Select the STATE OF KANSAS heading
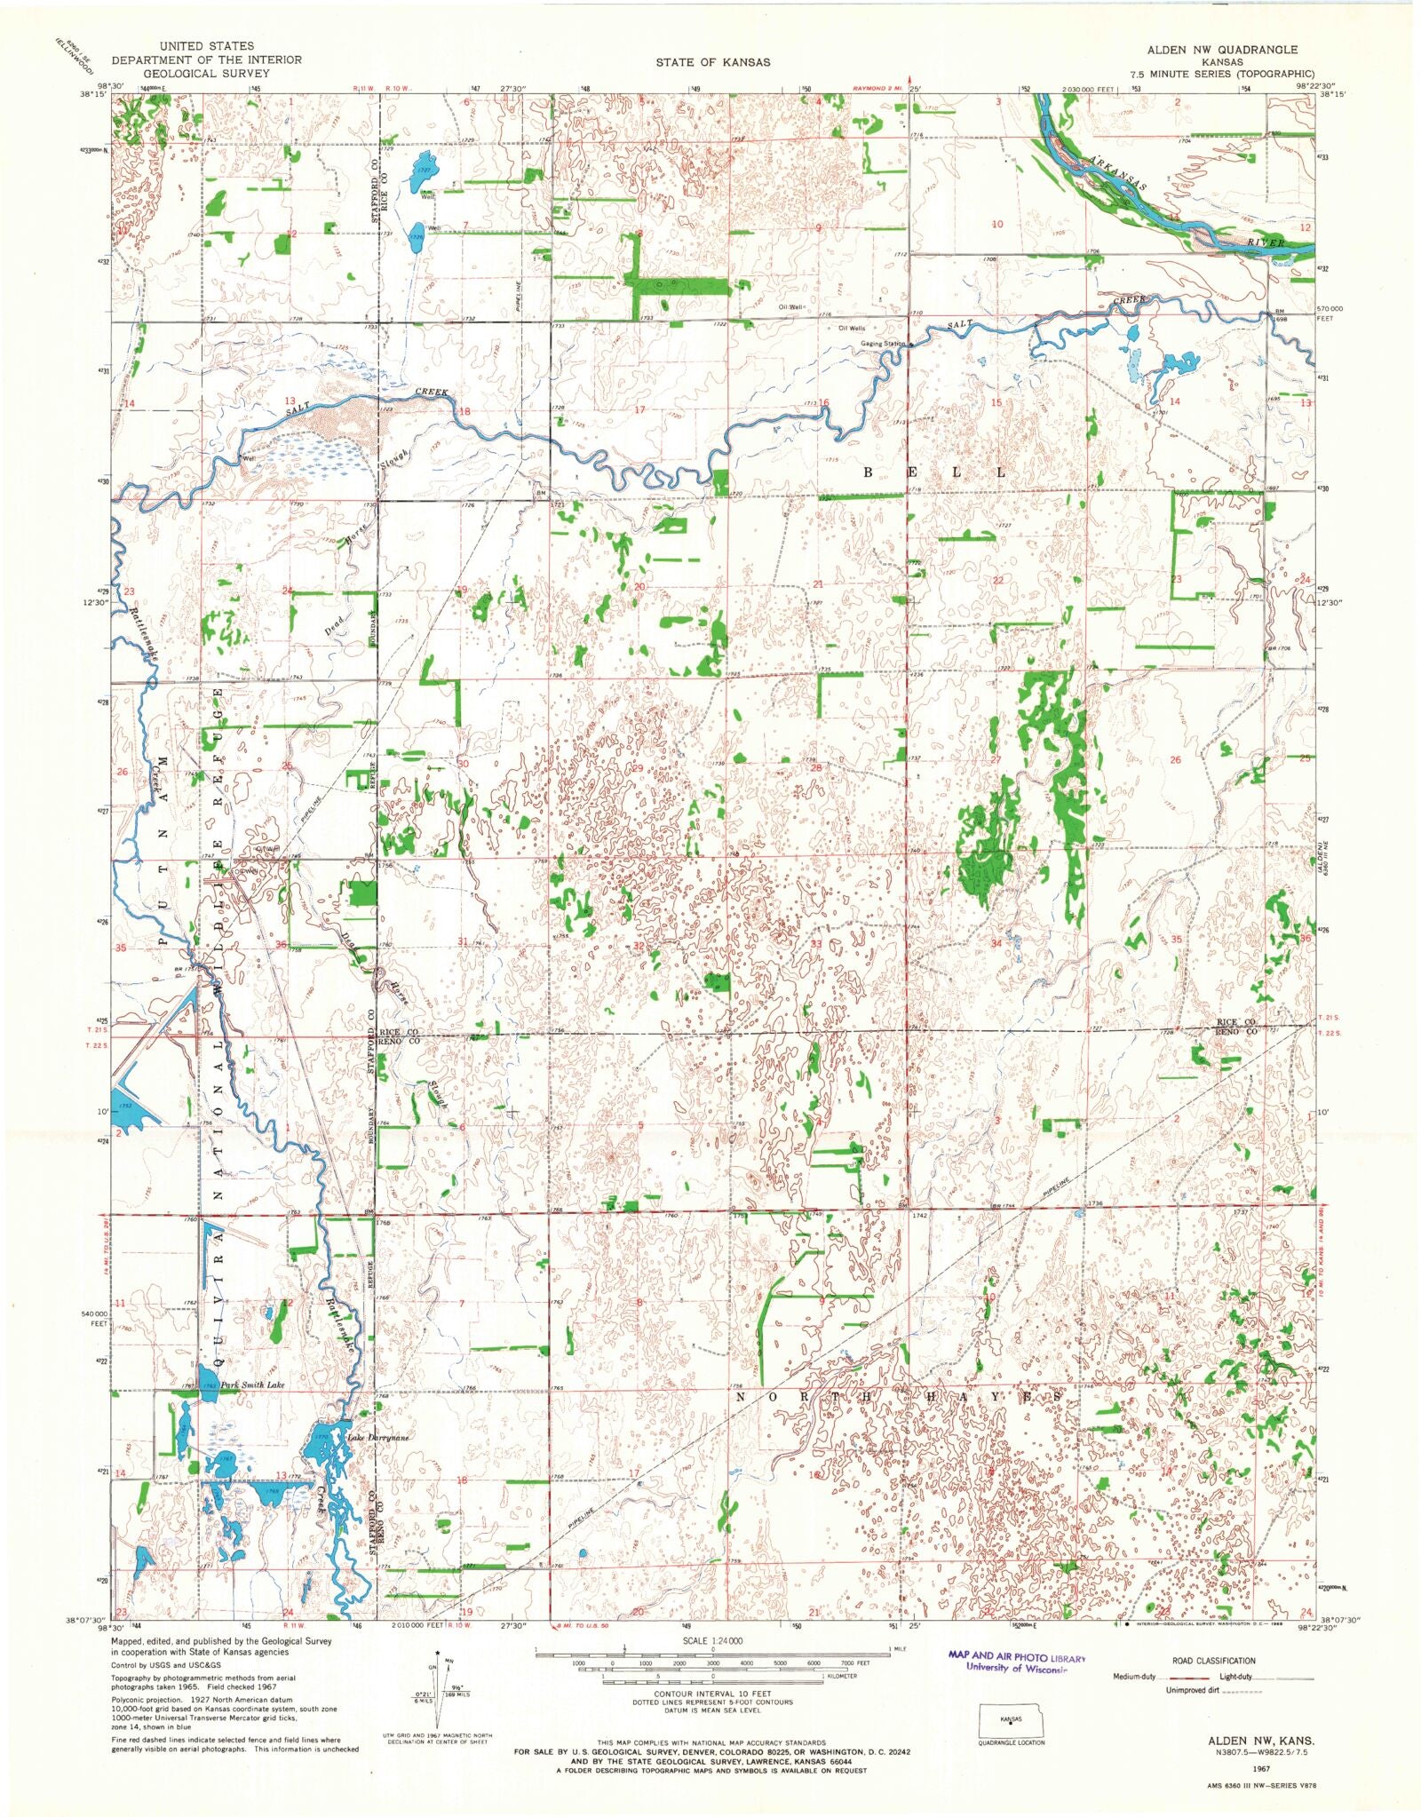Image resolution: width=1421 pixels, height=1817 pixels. (x=713, y=62)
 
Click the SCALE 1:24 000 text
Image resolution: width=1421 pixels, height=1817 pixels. (x=712, y=1640)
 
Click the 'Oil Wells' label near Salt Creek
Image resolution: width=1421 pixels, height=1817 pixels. (x=846, y=328)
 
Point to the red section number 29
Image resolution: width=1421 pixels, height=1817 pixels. (x=636, y=768)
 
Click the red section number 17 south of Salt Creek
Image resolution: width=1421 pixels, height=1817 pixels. (x=639, y=410)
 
